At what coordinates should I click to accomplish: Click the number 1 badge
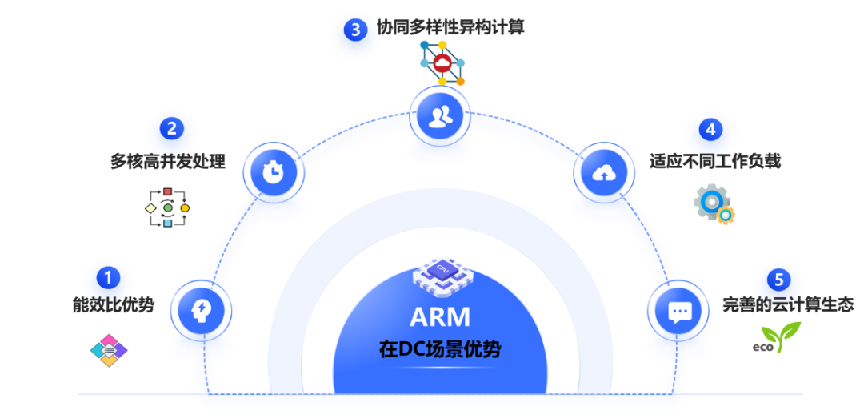click(109, 278)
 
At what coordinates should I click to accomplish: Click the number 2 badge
click(171, 129)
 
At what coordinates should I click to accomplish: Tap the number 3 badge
click(356, 30)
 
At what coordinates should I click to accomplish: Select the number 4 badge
click(710, 129)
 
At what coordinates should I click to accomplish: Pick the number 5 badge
click(779, 280)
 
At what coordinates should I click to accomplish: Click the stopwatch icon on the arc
click(274, 171)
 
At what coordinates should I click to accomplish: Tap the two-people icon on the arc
click(440, 117)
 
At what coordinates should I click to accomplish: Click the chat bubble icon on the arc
click(679, 312)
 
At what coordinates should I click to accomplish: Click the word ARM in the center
click(440, 317)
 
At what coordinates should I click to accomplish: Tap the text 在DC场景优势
click(440, 349)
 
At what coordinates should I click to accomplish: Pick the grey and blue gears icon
click(714, 204)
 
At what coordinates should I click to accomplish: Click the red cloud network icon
click(442, 63)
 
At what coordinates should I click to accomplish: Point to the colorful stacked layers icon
click(109, 350)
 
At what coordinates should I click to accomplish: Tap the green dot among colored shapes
click(168, 208)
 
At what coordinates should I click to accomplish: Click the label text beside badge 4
click(716, 161)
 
